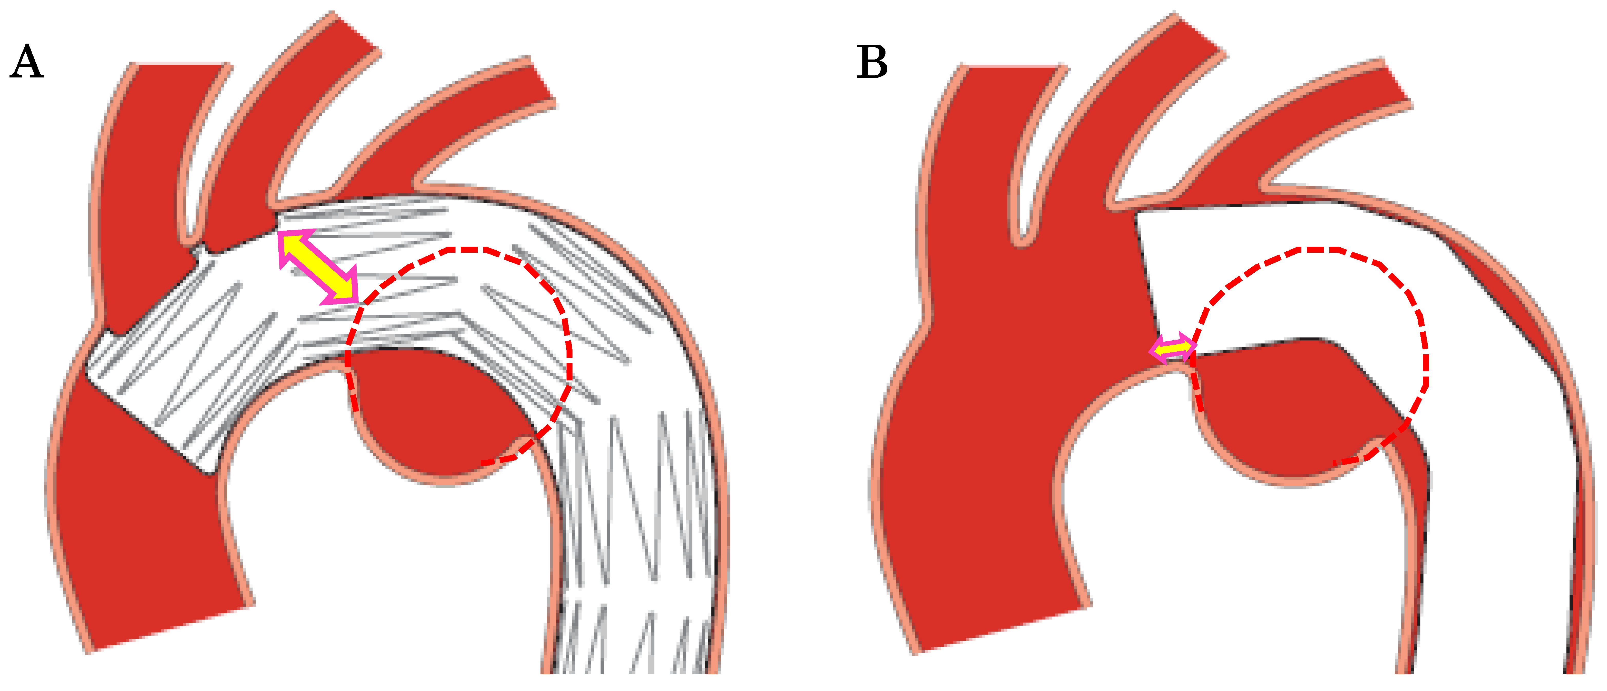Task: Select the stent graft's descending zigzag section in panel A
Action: (636, 530)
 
